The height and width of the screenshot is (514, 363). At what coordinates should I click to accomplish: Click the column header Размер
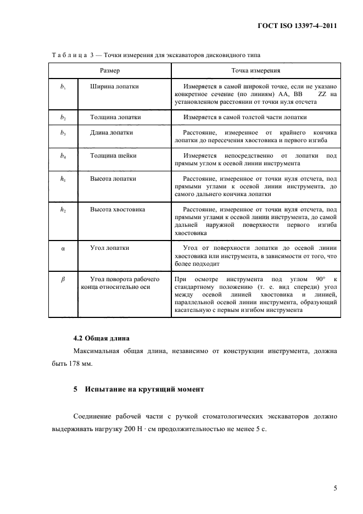point(110,71)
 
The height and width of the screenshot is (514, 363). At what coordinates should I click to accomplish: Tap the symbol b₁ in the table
point(63,87)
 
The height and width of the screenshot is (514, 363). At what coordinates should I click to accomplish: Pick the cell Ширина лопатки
point(114,87)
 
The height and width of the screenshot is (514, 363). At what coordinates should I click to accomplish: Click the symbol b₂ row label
point(63,118)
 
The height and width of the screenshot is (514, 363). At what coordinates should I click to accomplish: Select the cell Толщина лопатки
point(116,118)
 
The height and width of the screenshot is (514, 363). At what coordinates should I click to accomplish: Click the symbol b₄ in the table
point(63,156)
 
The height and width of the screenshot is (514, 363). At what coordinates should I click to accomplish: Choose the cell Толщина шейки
point(113,156)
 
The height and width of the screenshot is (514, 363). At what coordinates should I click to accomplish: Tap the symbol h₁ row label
point(63,179)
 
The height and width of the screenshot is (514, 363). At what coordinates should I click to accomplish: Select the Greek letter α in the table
point(63,248)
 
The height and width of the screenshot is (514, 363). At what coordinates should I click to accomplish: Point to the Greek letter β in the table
point(63,280)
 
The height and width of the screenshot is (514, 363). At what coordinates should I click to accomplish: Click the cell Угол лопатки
point(110,248)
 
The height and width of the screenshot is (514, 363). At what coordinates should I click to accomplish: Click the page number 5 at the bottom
point(334,487)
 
